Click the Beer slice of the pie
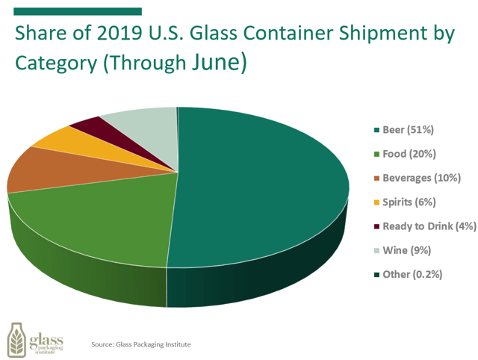261,187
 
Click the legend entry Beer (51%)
407,130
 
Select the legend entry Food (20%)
409,154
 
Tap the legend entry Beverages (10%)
420,178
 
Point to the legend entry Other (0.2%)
412,273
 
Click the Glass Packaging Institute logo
35,340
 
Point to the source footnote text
141,344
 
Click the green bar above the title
78,11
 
